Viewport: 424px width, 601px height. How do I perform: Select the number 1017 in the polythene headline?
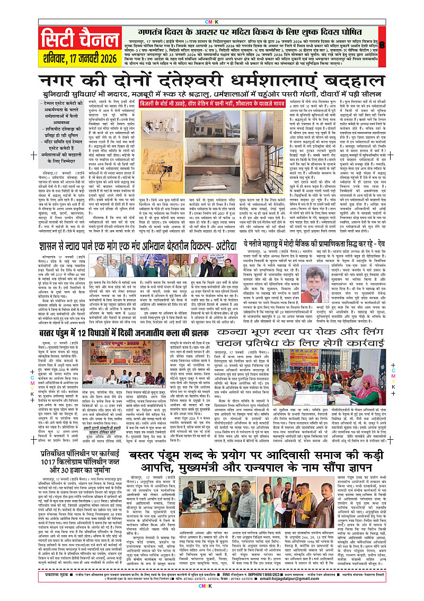[x=46, y=464]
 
